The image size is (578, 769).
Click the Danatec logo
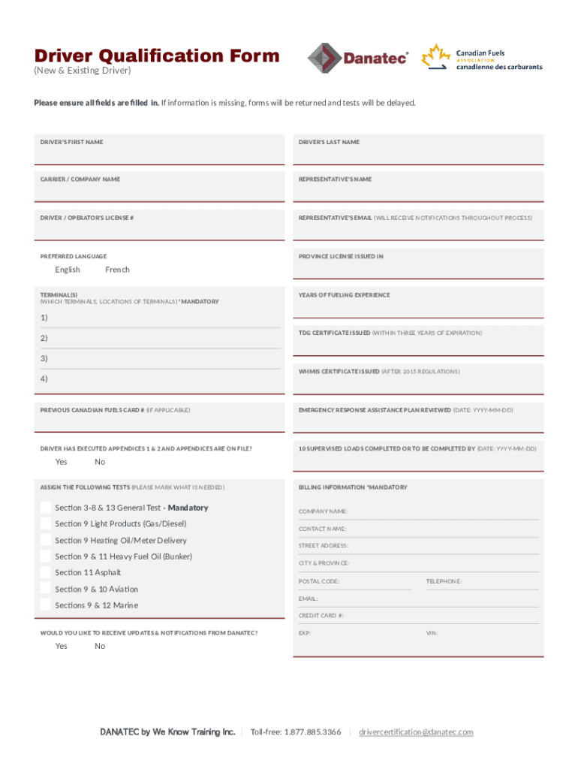tap(358, 58)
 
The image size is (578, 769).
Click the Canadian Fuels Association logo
tap(481, 58)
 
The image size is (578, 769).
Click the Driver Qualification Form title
tap(157, 56)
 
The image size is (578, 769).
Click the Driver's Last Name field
tap(418, 154)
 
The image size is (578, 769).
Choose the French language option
tap(117, 270)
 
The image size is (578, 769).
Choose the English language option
tap(68, 270)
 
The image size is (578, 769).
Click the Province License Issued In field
tap(418, 268)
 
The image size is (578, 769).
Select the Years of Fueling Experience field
tap(418, 306)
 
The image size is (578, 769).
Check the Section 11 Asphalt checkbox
tap(46, 573)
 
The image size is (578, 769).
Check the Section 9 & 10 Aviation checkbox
tap(46, 590)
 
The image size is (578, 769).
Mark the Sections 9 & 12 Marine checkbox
tap(46, 605)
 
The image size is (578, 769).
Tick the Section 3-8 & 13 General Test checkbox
tap(46, 508)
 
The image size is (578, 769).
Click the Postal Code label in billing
tap(319, 581)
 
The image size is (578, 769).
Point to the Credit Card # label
tap(321, 616)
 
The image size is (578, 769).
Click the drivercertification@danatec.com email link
tap(416, 732)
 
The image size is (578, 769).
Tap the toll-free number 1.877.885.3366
tap(296, 732)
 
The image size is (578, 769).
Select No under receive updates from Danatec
tap(100, 647)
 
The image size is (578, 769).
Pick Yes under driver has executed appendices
tap(61, 462)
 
